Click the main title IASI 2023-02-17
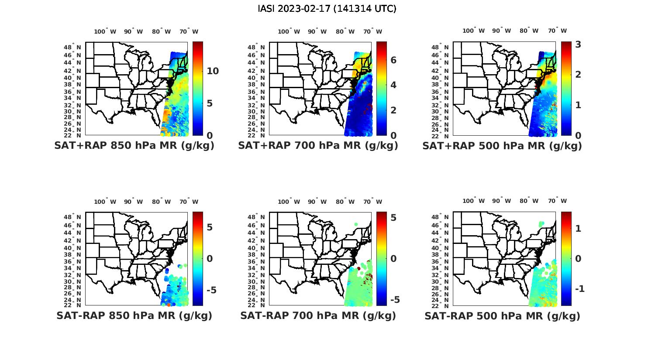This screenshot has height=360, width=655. (327, 9)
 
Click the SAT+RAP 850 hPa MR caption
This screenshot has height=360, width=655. (134, 146)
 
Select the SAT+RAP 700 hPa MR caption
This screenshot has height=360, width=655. (318, 146)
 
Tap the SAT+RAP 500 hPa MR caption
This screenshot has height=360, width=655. (502, 146)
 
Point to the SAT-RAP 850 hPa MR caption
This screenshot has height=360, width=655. (134, 315)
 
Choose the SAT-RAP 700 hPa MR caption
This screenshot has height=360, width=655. (318, 315)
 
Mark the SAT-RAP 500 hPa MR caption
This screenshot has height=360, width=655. (502, 315)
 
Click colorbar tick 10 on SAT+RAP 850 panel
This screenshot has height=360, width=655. (213, 71)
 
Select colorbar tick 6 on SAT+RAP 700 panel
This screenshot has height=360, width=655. (393, 60)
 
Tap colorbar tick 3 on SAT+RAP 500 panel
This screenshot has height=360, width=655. (578, 45)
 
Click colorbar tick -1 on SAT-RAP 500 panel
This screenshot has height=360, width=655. (579, 289)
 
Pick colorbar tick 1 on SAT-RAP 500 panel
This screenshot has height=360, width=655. (578, 228)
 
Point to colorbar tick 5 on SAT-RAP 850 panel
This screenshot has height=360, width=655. (210, 227)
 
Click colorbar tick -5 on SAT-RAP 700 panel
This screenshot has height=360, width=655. (394, 300)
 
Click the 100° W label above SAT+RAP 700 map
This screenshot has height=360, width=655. (289, 31)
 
